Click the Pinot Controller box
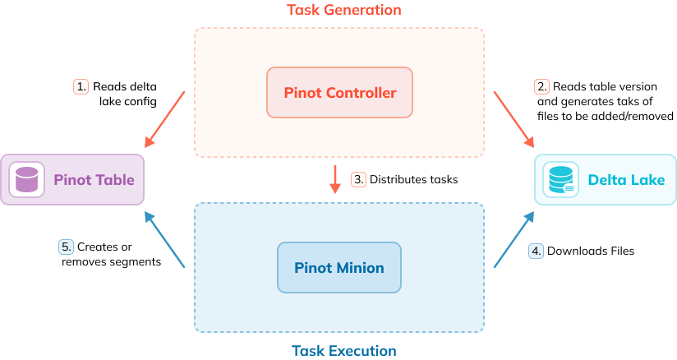click(339, 92)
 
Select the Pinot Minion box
click(338, 268)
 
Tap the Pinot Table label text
click(94, 179)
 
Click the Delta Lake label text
click(626, 179)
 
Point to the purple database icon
click(27, 179)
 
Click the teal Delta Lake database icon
click(561, 179)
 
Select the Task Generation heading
click(343, 10)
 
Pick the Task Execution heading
click(343, 351)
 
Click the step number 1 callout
click(81, 86)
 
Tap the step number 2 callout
click(541, 86)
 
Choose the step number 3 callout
click(357, 179)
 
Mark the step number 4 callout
click(536, 252)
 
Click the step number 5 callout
click(66, 246)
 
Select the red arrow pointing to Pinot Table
click(164, 117)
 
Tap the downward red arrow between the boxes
click(334, 179)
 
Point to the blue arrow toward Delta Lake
click(514, 240)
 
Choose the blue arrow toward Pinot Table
click(164, 240)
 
